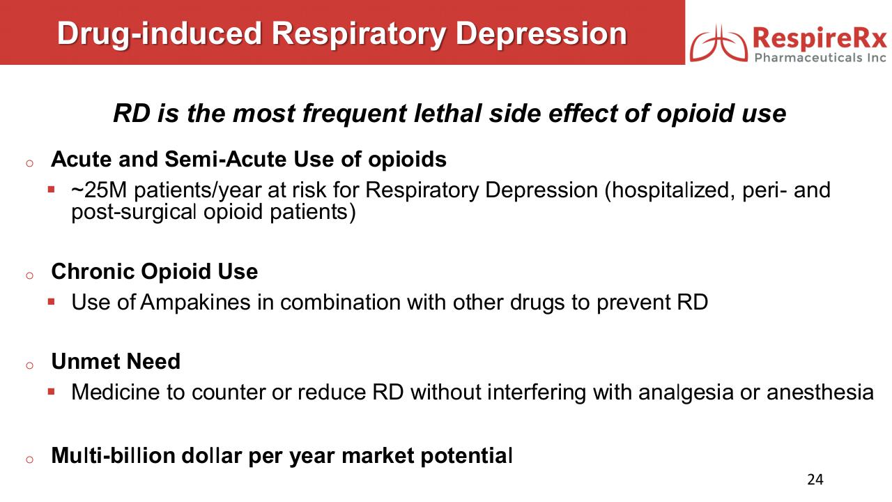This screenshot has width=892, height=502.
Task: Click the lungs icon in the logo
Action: [718, 43]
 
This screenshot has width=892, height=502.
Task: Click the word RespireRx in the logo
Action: [820, 38]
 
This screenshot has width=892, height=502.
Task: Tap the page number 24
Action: [815, 479]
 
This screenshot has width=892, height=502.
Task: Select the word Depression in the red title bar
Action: [541, 33]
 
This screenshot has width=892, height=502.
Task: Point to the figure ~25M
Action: [99, 190]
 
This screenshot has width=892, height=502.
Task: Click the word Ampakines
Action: [195, 303]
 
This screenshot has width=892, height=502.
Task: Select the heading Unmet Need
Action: [116, 361]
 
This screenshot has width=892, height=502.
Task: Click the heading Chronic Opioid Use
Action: [155, 272]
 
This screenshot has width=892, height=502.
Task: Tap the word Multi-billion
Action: [113, 455]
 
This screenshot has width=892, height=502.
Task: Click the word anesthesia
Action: [820, 392]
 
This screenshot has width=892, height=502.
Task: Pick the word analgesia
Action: [686, 393]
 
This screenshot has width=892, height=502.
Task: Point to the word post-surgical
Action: [134, 212]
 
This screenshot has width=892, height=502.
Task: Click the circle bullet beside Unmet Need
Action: [29, 365]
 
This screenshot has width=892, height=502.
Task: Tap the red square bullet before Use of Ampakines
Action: [51, 302]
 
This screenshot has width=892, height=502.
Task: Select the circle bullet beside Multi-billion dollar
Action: [29, 459]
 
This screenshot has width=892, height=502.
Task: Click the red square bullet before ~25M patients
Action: [51, 189]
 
